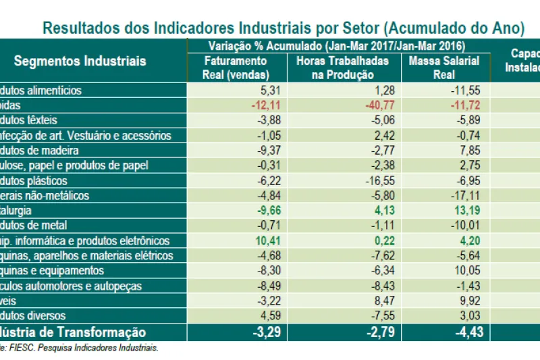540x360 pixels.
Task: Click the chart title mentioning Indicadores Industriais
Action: click(x=283, y=28)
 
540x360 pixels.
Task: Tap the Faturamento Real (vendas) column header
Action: click(x=236, y=68)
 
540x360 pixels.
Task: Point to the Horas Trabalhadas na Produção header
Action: click(x=342, y=68)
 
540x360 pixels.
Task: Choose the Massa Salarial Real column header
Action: click(x=444, y=68)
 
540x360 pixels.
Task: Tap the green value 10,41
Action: click(x=256, y=241)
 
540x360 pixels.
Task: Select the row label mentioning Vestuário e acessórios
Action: click(x=86, y=135)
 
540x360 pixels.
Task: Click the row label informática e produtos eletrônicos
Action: click(x=84, y=241)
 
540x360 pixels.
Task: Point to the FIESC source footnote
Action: click(x=80, y=348)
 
